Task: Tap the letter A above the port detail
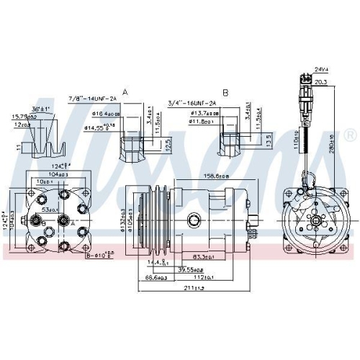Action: (126, 92)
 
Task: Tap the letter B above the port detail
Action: (225, 92)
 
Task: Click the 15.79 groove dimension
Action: (22, 117)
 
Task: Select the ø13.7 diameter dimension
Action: (200, 113)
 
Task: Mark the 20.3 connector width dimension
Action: (320, 82)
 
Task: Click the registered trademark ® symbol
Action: (349, 135)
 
